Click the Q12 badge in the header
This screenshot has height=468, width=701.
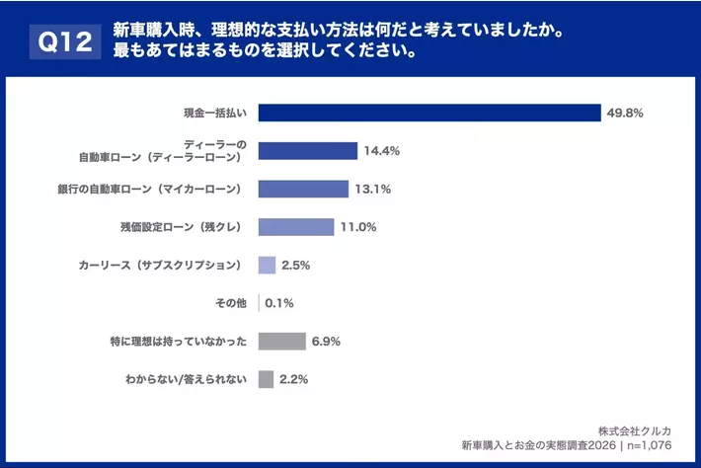66,41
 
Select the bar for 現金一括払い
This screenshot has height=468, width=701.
429,113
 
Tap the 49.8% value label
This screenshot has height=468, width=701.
624,113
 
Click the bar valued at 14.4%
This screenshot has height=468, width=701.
307,151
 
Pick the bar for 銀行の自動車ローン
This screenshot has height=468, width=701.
303,189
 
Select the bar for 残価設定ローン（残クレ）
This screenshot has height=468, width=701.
296,227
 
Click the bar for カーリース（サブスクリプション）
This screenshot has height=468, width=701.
267,265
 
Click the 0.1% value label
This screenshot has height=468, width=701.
279,303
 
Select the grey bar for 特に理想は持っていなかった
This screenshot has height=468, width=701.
281,341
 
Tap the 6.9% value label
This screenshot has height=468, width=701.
326,341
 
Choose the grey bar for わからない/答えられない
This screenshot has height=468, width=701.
266,379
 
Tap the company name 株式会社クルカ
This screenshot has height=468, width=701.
642,430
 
